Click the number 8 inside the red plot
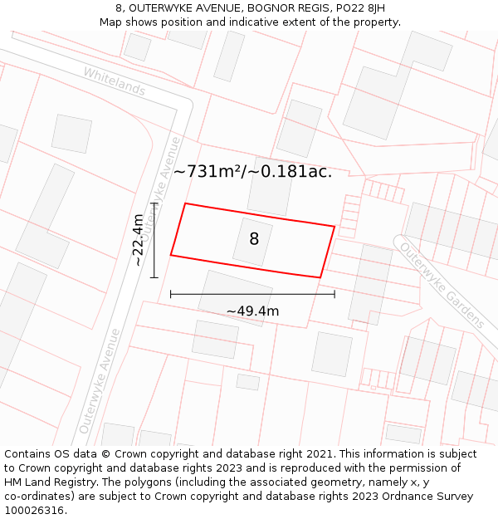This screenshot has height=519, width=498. click(x=254, y=239)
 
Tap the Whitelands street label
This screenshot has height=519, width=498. click(x=114, y=81)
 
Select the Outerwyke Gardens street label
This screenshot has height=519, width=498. click(x=442, y=284)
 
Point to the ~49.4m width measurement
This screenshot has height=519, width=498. click(x=252, y=311)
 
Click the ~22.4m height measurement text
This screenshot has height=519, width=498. click(x=138, y=240)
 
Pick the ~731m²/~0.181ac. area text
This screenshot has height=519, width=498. click(x=252, y=172)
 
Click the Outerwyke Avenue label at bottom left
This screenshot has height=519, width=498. click(x=99, y=381)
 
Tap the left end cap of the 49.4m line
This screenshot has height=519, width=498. click(x=170, y=294)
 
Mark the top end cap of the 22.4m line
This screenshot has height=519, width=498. click(x=154, y=202)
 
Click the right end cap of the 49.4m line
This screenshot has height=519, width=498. click(x=334, y=294)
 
